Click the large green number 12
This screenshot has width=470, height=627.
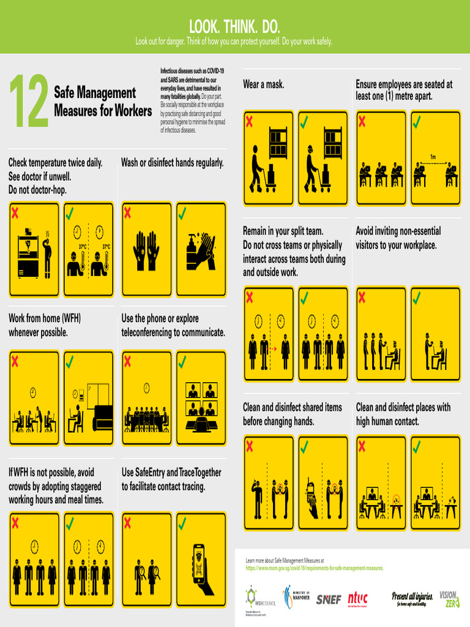[28, 102]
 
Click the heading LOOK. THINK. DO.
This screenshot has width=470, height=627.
[234, 26]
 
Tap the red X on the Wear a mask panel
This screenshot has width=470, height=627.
[249, 121]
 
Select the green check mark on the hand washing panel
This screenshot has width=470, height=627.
[182, 213]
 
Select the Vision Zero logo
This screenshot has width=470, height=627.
[449, 599]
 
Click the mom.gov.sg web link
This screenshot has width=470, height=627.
[314, 568]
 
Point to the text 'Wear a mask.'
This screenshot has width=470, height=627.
[263, 84]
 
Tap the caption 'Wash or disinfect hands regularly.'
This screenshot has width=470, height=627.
[173, 163]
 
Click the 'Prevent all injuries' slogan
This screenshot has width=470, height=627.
[412, 598]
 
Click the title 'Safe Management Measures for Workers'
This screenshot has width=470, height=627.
[103, 102]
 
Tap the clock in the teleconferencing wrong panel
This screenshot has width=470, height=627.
[147, 388]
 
